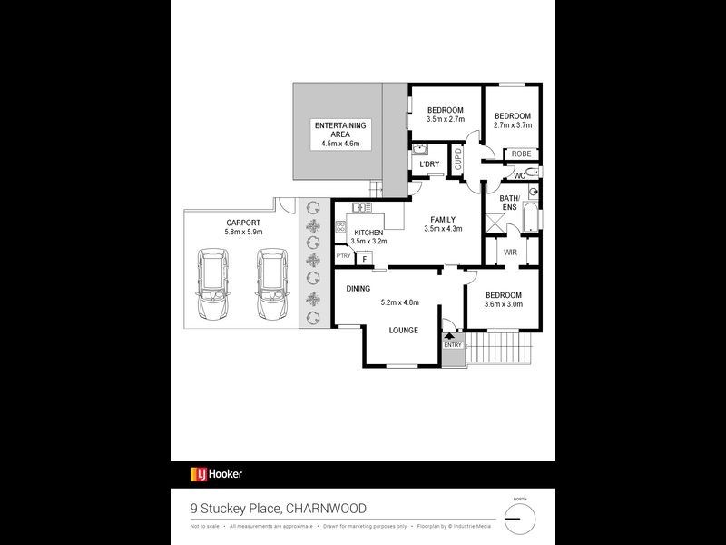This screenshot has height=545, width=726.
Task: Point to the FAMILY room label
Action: coord(443,220)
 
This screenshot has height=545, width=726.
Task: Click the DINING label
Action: coord(358,289)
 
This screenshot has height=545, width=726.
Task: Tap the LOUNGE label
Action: coord(403,330)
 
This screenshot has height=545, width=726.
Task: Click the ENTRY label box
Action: coord(453,345)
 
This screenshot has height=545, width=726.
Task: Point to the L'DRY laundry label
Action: coord(429,163)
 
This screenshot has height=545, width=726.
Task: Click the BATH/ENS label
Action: coord(509,203)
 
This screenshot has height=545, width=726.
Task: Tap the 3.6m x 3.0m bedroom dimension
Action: coord(503,306)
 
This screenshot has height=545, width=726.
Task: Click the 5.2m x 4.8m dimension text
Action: coord(403,302)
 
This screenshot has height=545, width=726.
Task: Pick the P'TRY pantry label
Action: coord(343,256)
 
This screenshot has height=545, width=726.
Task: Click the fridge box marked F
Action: coord(364,259)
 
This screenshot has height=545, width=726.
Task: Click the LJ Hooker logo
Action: coord(215,474)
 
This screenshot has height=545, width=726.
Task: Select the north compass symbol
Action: coord(519,519)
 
